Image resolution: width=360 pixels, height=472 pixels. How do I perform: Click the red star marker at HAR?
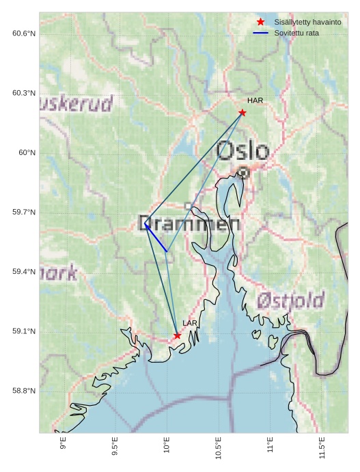243,113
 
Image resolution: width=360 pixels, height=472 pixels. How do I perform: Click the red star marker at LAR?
178,335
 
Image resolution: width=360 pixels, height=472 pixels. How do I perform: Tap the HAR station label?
255,101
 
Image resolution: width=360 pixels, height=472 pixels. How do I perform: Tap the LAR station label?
190,323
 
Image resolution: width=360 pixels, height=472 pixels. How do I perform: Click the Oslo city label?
243,151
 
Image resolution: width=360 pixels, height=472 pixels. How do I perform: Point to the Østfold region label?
290,300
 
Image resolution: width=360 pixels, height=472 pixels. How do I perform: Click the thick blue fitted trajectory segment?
156,238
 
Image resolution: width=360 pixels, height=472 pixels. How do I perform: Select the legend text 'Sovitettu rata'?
296,33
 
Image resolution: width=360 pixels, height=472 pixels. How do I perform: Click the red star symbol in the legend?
260,22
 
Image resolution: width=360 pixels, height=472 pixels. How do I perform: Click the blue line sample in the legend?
260,33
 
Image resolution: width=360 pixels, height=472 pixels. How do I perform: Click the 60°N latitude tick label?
27,152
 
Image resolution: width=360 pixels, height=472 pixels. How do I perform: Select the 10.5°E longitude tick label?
219,448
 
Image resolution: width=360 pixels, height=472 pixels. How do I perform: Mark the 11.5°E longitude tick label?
322,448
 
